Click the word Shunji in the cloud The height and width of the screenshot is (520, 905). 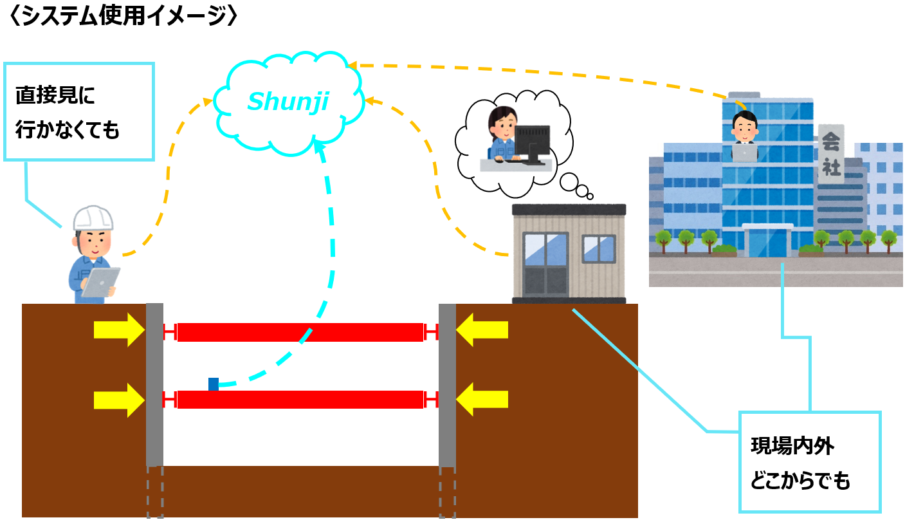pyautogui.click(x=288, y=101)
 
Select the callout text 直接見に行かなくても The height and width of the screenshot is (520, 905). pyautogui.click(x=68, y=113)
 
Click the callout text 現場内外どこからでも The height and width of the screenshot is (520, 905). pyautogui.click(x=800, y=462)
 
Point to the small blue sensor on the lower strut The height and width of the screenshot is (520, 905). pyautogui.click(x=214, y=384)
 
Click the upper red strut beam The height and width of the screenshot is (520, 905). pyautogui.click(x=300, y=332)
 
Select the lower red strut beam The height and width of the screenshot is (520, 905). pyautogui.click(x=300, y=400)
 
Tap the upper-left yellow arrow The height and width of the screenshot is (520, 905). pyautogui.click(x=120, y=330)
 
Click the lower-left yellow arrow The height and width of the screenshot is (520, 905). pyautogui.click(x=120, y=400)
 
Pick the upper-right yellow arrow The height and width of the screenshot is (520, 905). pyautogui.click(x=482, y=330)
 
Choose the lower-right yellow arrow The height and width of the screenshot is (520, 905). pyautogui.click(x=482, y=400)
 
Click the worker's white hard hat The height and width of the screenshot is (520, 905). pyautogui.click(x=93, y=219)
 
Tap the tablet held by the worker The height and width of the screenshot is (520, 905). pyautogui.click(x=100, y=283)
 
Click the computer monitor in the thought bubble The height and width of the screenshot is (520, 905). pyautogui.click(x=532, y=142)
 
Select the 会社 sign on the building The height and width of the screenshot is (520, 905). pyautogui.click(x=831, y=154)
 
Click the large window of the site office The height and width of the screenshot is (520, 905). pyautogui.click(x=546, y=265)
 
